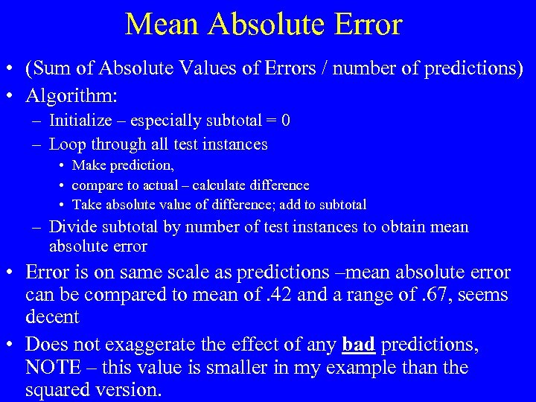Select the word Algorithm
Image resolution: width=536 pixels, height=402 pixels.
[71, 96]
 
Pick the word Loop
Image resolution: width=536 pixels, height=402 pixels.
[65, 144]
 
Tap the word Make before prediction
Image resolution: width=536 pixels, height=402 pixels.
[89, 165]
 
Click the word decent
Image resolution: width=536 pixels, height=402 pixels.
[52, 316]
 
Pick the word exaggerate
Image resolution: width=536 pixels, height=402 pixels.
[146, 345]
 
